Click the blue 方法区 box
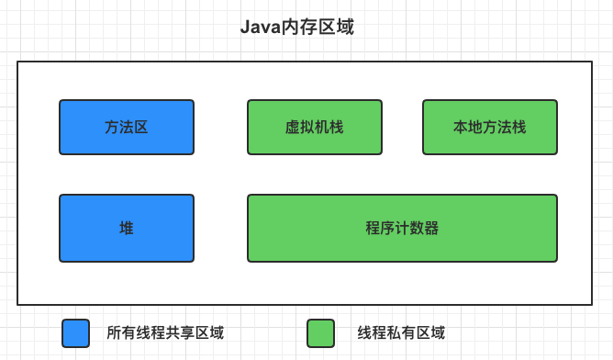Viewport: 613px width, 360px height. pos(127,127)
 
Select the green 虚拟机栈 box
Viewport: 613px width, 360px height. pos(314,127)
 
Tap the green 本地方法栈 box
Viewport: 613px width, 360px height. pos(489,127)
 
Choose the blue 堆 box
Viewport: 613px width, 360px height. pos(127,228)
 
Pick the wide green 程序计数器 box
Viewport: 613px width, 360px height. pos(402,228)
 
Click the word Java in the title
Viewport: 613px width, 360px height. pos(260,27)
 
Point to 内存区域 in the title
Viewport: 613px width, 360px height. pos(318,27)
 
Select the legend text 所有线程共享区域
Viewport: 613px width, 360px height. pos(165,332)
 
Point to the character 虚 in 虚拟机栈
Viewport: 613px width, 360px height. pos(292,128)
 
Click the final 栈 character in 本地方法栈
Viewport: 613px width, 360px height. pos(518,128)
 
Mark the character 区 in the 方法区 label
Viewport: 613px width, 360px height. pos(141,128)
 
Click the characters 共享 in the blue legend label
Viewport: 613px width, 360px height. pos(180,332)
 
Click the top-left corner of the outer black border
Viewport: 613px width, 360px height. pos(17,62)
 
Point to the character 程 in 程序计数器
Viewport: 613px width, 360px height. pos(373,229)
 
